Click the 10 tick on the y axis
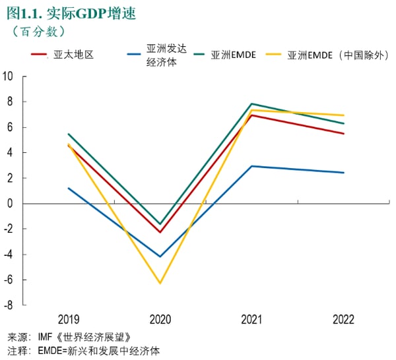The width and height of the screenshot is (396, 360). coord(9,76)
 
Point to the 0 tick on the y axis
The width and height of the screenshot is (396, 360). coord(11,203)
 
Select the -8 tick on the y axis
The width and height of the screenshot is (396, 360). coord(9,305)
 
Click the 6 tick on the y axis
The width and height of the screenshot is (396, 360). coord(11,127)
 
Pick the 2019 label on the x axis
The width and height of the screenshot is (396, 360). coord(69,320)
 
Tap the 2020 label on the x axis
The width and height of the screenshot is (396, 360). coord(160,320)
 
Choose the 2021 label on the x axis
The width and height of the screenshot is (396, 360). coord(251,320)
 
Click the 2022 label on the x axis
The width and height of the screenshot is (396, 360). coord(343,320)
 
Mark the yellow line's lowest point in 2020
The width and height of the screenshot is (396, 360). coord(160,284)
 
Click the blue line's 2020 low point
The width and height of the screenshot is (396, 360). coord(160,256)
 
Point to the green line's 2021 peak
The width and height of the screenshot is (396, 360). coord(251,104)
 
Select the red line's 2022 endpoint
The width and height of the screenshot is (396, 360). coord(343,134)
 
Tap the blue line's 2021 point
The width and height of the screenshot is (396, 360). coord(251,166)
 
